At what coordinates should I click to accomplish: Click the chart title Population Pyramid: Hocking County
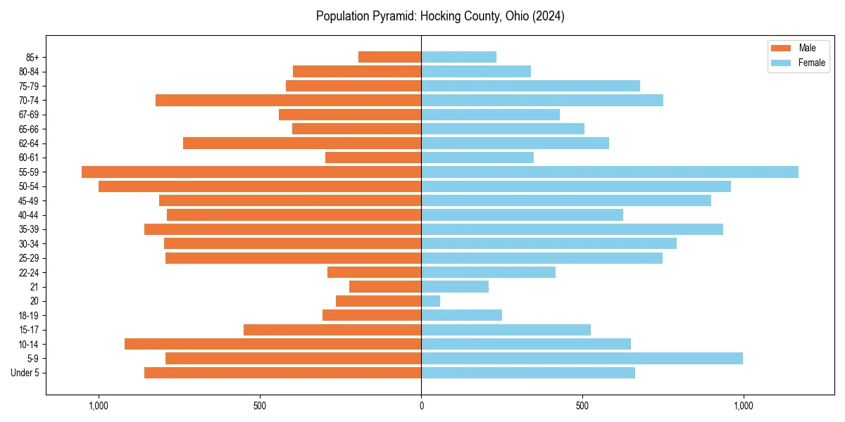tap(440, 16)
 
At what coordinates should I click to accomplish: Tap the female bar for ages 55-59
tap(609, 172)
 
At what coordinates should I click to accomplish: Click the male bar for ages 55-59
tap(251, 172)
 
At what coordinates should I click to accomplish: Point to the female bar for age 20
tap(430, 301)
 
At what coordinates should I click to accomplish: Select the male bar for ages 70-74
tap(288, 100)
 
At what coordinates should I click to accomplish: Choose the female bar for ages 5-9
tap(582, 358)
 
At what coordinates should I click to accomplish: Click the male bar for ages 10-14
tap(273, 344)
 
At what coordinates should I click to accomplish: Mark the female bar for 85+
tap(458, 57)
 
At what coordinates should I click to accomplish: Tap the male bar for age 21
tap(385, 286)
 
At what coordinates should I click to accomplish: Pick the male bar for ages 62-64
tap(302, 143)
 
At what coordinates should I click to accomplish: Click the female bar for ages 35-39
tap(572, 229)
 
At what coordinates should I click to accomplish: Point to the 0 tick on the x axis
tap(421, 406)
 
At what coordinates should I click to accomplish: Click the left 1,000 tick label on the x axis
tap(98, 406)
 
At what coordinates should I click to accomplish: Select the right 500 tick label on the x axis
tap(582, 406)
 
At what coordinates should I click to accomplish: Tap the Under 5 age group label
tap(25, 373)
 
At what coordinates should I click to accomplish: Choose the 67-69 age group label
tap(29, 115)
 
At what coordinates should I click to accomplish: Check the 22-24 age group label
tap(29, 272)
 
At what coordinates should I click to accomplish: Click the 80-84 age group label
tap(29, 71)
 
